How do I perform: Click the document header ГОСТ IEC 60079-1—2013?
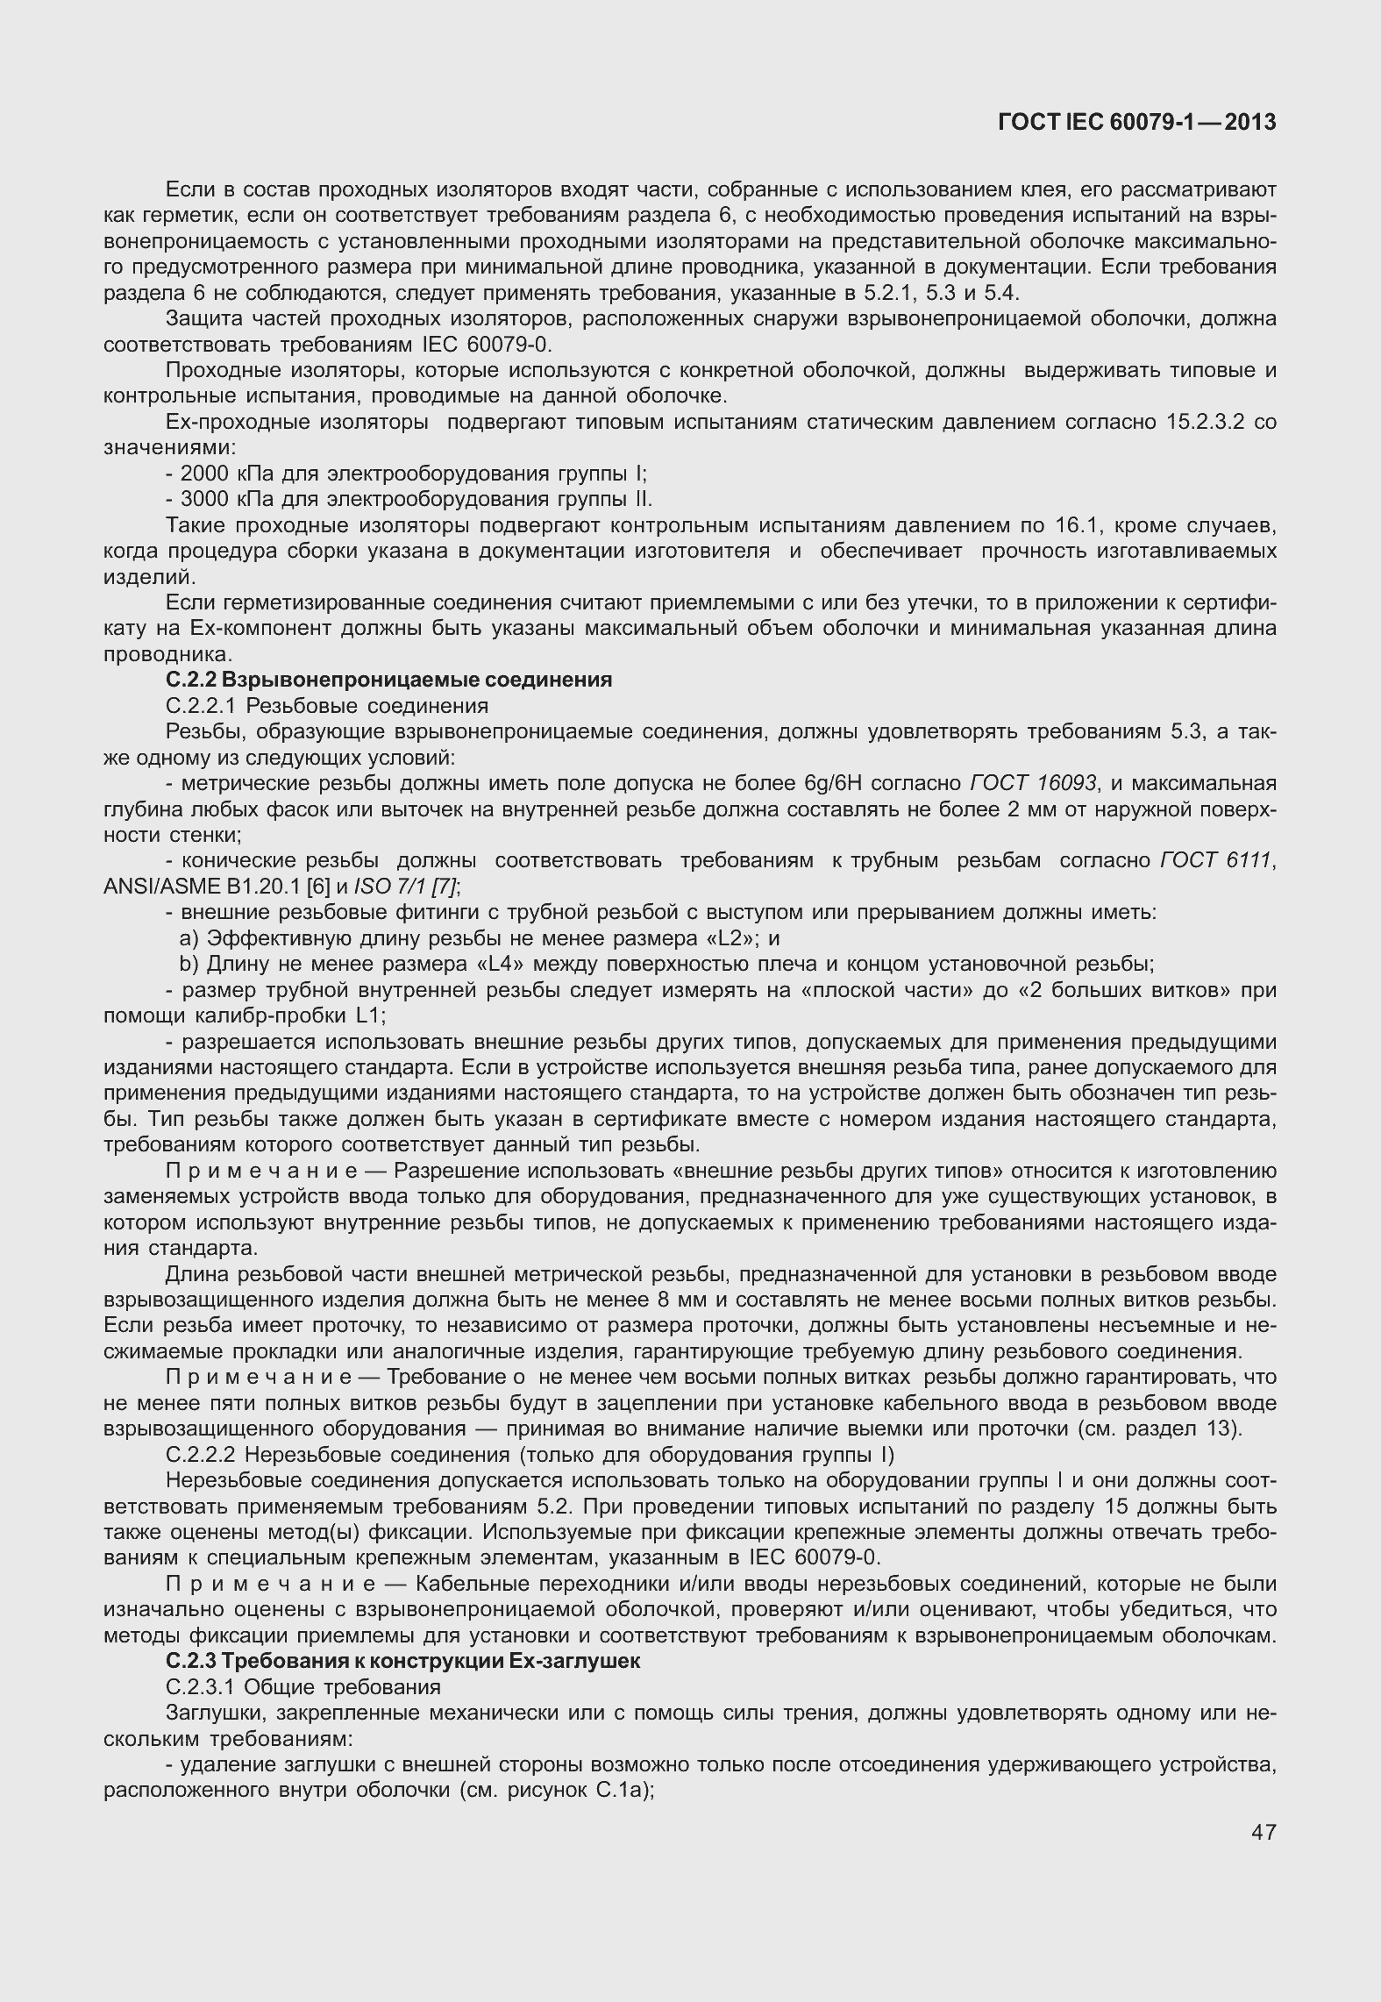point(1137,123)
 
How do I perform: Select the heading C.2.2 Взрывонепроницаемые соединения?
point(388,680)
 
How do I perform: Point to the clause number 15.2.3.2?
point(1206,423)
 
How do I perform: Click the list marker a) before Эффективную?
point(189,938)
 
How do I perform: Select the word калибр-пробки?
point(275,1016)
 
